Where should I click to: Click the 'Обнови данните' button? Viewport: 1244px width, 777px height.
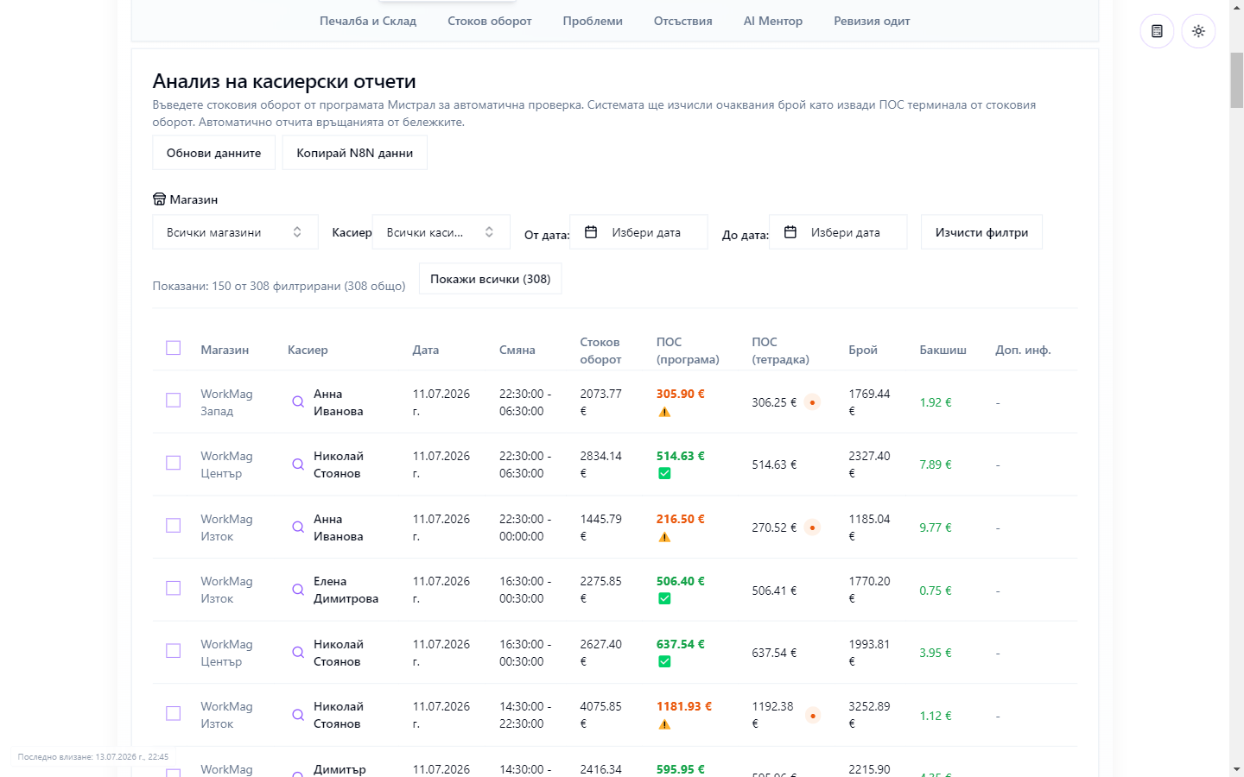(213, 153)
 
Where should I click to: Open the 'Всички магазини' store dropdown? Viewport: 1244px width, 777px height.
(235, 232)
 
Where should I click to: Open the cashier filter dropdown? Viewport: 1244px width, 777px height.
(441, 232)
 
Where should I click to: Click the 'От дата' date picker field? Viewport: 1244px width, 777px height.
(638, 232)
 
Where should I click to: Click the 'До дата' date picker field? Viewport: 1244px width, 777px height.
(838, 232)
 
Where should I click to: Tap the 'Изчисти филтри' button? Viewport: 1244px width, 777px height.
(981, 232)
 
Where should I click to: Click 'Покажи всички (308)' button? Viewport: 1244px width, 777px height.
(491, 279)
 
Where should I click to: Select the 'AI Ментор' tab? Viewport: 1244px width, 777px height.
(772, 21)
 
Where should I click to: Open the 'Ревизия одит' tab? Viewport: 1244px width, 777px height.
(872, 21)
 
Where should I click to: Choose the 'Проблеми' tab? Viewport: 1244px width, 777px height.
(593, 21)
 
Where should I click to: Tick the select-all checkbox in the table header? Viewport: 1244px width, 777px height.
(174, 348)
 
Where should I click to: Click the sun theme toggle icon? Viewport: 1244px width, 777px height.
(1198, 31)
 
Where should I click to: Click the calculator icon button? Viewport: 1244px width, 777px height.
(1157, 31)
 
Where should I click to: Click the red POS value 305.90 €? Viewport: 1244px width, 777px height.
(681, 394)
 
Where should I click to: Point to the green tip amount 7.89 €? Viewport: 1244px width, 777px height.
(936, 464)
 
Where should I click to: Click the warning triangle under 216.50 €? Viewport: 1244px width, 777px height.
(664, 537)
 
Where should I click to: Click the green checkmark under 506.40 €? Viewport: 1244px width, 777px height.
(664, 599)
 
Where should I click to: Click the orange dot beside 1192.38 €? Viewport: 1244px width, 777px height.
(812, 716)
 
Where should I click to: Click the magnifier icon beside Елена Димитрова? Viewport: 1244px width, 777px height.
(298, 590)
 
